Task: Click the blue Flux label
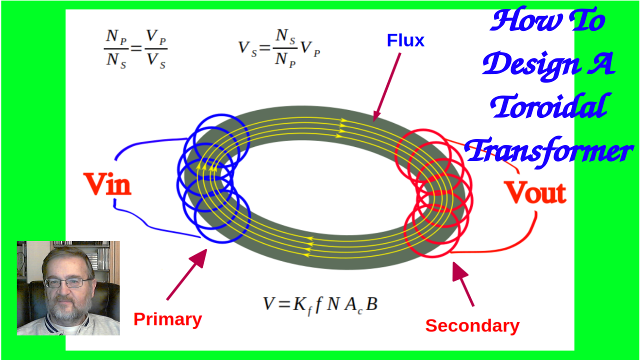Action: pos(405,40)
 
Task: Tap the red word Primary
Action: pos(167,319)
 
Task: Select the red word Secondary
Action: pos(472,325)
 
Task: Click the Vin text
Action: pos(107,184)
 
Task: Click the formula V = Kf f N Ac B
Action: pos(320,304)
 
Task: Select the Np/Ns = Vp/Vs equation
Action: pos(135,49)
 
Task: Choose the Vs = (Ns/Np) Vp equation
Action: pos(278,48)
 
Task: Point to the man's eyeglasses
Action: pos(65,282)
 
